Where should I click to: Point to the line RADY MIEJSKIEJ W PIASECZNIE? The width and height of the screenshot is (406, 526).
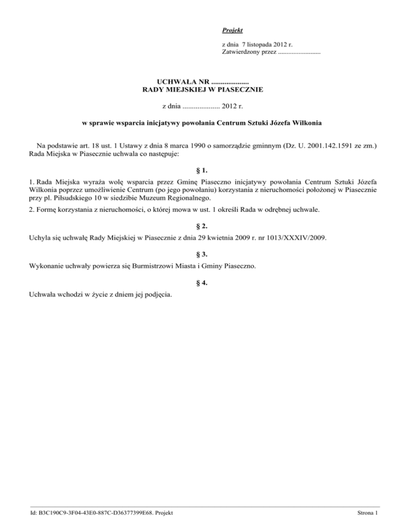pos(203,90)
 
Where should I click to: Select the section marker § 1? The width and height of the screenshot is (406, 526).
pos(203,171)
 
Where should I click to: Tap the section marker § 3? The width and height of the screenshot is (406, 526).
pos(203,254)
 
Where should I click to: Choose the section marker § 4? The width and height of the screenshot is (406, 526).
pos(203,282)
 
